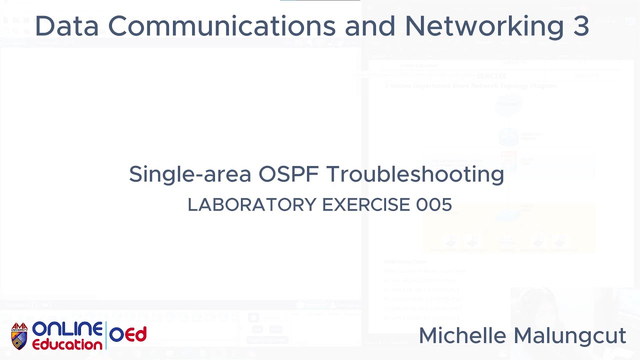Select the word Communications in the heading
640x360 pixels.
221,26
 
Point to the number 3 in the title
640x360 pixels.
581,26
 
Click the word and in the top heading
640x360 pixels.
370,26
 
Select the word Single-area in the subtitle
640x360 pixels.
189,174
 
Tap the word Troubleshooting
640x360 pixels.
415,174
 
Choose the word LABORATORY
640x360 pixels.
252,204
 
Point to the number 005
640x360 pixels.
433,204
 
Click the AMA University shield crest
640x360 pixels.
19,336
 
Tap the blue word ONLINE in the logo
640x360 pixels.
67,329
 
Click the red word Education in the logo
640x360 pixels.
67,344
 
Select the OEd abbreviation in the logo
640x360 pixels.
128,334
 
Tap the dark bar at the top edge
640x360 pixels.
320,0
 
